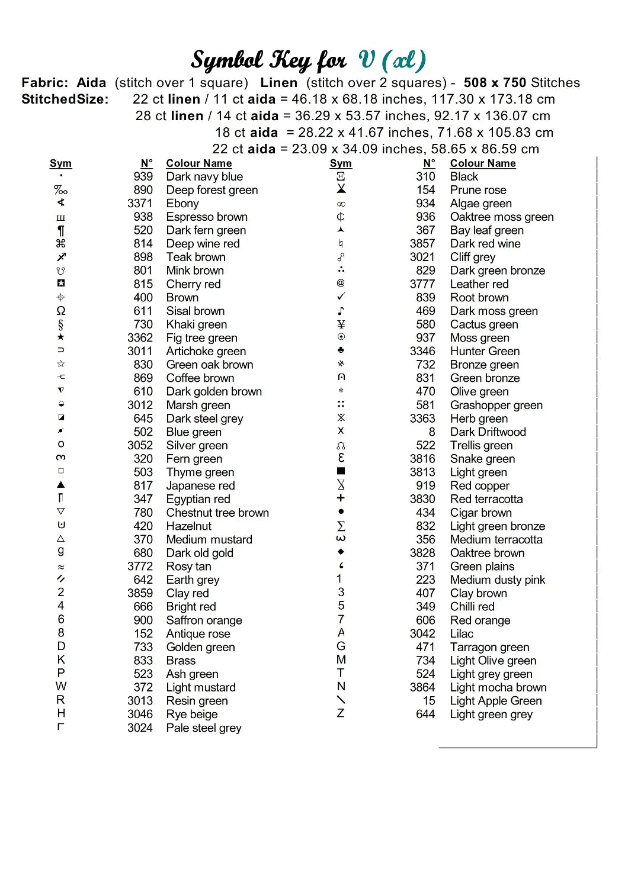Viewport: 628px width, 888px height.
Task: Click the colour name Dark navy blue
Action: (x=204, y=176)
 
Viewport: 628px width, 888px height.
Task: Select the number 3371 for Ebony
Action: (x=140, y=203)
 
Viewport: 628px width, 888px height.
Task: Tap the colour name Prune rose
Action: (x=478, y=190)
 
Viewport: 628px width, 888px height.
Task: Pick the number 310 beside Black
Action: (x=425, y=176)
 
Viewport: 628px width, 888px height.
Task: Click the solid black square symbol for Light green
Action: (x=341, y=471)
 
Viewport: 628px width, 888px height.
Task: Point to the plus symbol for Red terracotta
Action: (x=341, y=498)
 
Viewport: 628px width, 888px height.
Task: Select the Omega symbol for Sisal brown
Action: (x=61, y=311)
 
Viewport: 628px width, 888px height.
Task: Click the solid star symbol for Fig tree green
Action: (x=61, y=337)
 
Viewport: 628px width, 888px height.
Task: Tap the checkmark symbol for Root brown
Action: (x=341, y=297)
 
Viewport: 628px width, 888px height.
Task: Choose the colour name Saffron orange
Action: (x=204, y=620)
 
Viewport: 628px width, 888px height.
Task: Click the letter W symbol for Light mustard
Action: (x=61, y=687)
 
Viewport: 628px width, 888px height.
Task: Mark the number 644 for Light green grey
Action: (x=425, y=715)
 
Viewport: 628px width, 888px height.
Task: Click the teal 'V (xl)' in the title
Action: (x=392, y=60)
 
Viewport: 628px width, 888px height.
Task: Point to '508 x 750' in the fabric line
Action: (x=495, y=83)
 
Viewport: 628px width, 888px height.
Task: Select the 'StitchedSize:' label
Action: (x=65, y=99)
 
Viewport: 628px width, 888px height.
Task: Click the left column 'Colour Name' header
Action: (x=198, y=163)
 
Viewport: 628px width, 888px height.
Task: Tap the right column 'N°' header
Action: (x=429, y=163)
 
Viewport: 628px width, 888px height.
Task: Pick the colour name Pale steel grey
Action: (x=203, y=728)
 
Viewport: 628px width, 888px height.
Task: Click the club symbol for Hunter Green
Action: (x=341, y=350)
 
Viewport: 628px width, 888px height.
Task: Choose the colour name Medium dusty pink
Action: (x=497, y=580)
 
